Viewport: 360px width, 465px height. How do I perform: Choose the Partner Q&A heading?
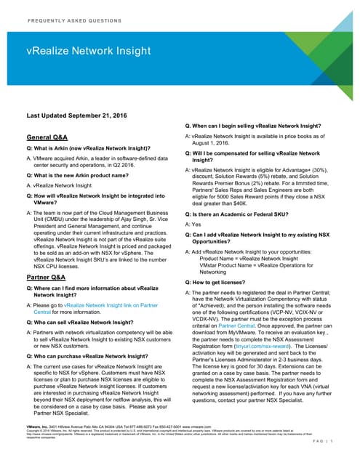[48, 277]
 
